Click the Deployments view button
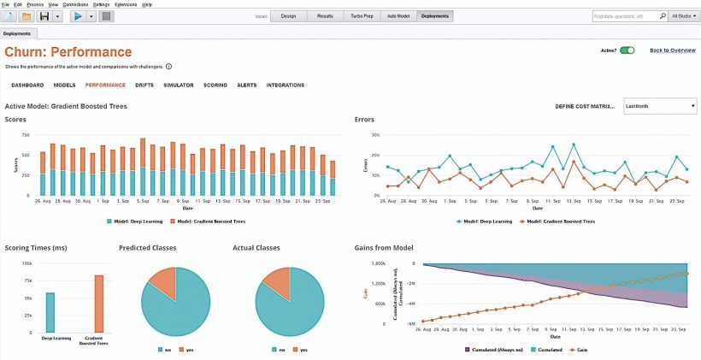point(435,16)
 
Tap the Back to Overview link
point(672,50)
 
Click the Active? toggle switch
point(627,50)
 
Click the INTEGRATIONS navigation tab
point(285,86)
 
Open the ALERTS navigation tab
point(246,86)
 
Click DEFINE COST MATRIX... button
point(585,106)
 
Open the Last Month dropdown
point(660,106)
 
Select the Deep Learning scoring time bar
point(50,312)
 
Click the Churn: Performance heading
point(68,53)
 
